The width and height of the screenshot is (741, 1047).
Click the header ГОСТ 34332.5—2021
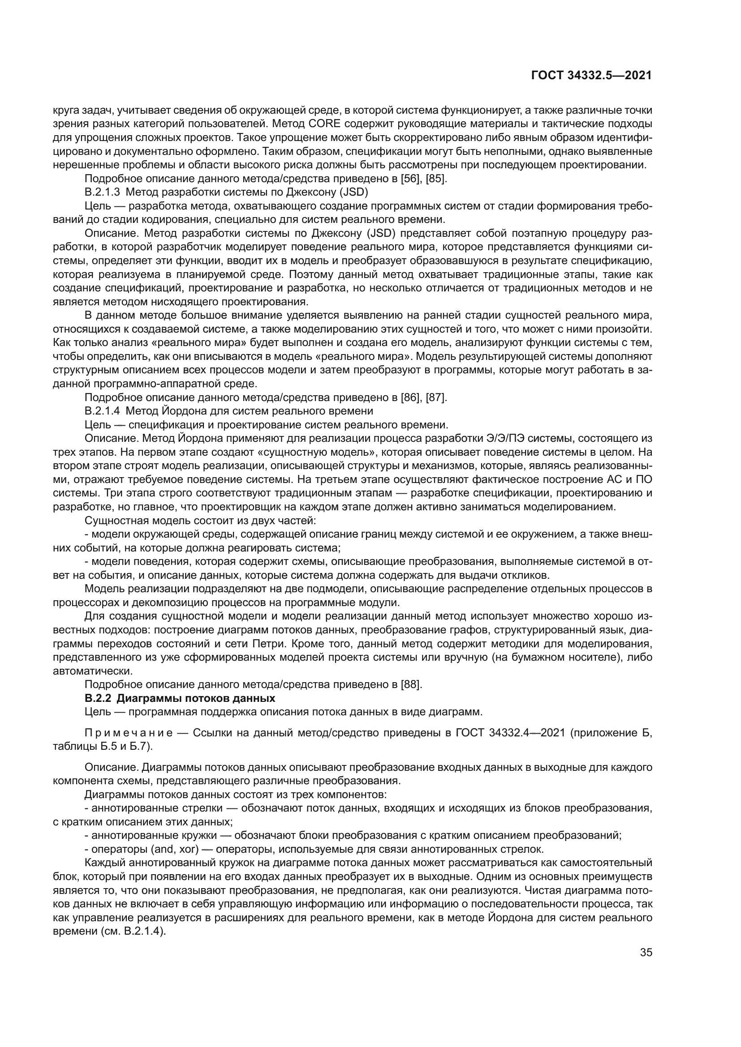click(591, 76)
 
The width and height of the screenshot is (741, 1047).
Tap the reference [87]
click(435, 397)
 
